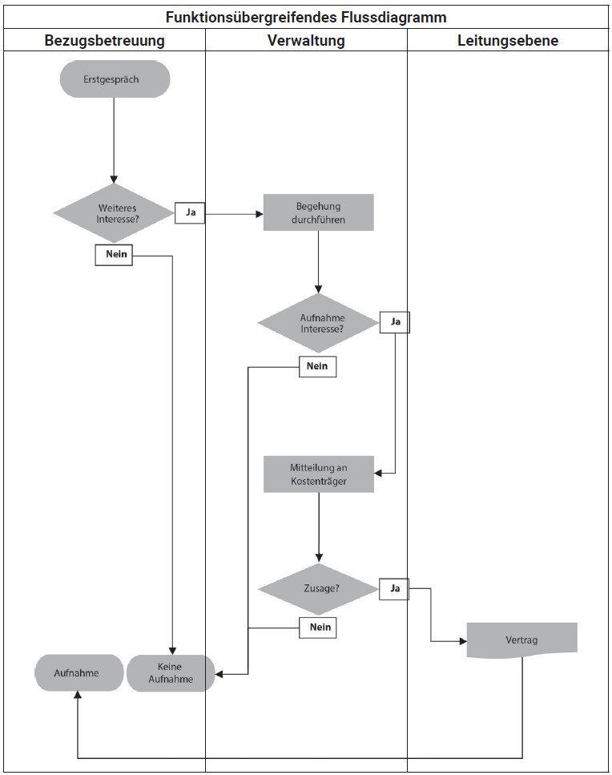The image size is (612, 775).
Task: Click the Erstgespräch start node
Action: tap(115, 79)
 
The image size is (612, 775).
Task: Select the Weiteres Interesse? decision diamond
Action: tap(115, 213)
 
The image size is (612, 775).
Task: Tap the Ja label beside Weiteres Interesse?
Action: tap(190, 213)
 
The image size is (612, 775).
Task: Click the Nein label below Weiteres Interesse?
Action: tap(114, 255)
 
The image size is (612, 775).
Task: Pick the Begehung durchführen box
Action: tap(318, 212)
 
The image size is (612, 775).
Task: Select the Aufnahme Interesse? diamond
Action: tap(317, 323)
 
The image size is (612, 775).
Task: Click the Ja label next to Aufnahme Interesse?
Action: tap(394, 321)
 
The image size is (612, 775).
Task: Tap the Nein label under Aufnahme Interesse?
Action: tap(317, 366)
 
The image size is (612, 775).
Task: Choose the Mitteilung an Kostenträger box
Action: tap(318, 474)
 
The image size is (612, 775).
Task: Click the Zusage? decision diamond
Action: tap(318, 588)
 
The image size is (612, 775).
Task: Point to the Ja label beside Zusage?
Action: tap(394, 588)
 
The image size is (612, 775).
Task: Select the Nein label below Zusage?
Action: tap(317, 628)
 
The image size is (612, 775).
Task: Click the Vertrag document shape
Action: tap(521, 640)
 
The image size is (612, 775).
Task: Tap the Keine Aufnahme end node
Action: tap(171, 672)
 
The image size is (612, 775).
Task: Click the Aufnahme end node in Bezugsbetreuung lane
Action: tap(79, 672)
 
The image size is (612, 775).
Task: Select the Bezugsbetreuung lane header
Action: tap(104, 40)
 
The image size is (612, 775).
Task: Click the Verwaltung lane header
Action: tap(306, 40)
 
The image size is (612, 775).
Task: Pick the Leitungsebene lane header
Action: tap(508, 40)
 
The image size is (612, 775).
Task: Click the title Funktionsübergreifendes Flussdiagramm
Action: tap(306, 16)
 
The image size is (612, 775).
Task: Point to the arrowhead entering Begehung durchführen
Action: tap(259, 214)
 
